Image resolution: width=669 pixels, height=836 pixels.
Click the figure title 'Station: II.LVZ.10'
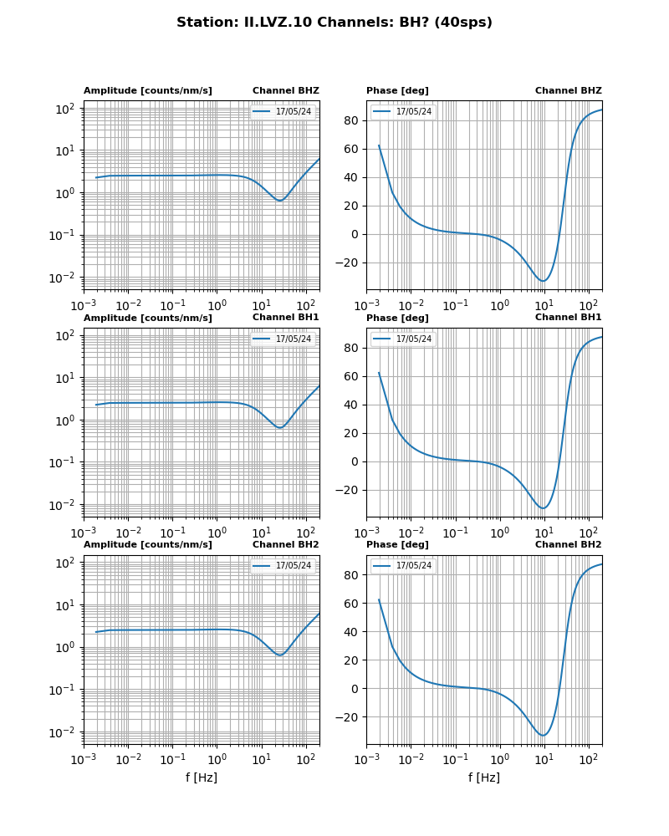pos(334,23)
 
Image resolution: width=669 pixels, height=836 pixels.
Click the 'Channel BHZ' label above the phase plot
pos(568,91)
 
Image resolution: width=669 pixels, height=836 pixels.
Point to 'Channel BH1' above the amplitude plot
pos(285,318)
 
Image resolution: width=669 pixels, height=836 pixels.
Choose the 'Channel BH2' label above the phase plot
pos(568,545)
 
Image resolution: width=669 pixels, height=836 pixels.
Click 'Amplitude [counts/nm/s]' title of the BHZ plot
pos(147,91)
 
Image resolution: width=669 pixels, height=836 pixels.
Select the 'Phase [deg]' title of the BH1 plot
pos(397,319)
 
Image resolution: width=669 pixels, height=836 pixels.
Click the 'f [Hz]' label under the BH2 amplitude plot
pos(202,777)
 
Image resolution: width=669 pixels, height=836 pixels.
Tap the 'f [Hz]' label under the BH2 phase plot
pos(484,777)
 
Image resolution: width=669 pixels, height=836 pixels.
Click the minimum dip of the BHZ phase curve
pos(544,281)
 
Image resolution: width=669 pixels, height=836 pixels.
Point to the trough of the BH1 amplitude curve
pos(280,428)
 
